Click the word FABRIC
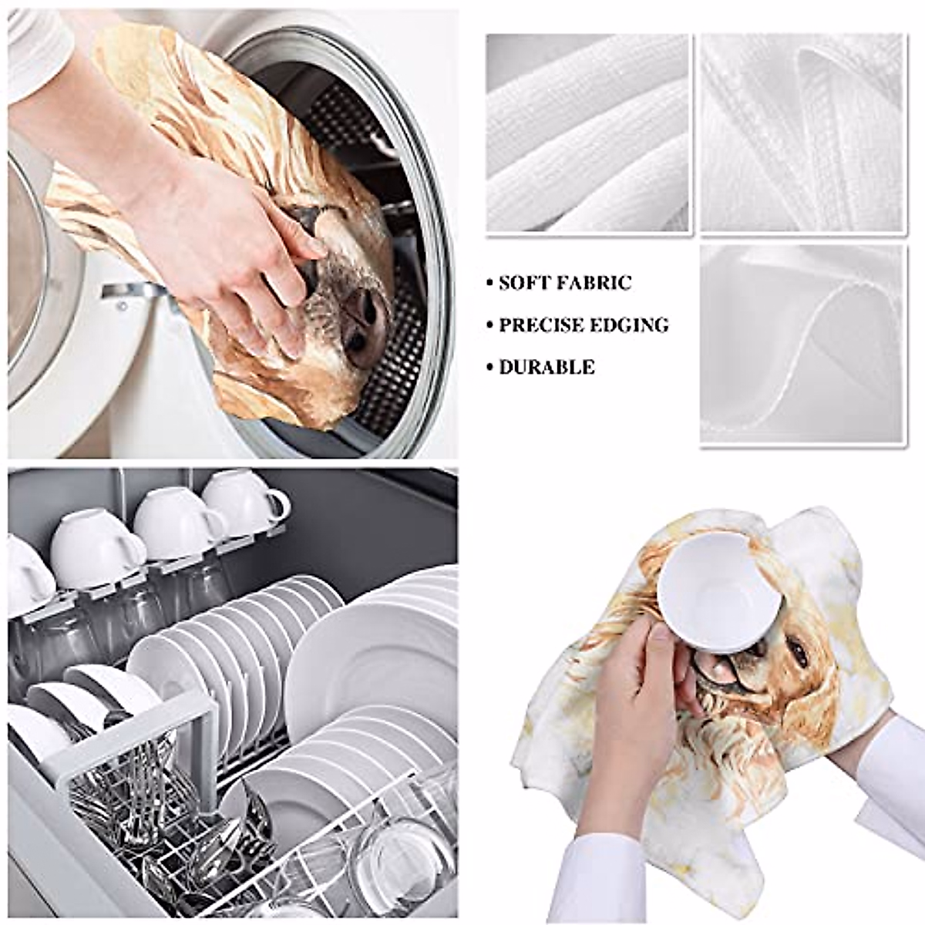click(x=593, y=283)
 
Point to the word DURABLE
click(x=547, y=367)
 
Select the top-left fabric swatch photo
click(x=587, y=133)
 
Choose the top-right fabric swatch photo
click(x=802, y=133)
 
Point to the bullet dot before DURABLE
click(x=490, y=368)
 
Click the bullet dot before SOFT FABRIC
click(x=490, y=284)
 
